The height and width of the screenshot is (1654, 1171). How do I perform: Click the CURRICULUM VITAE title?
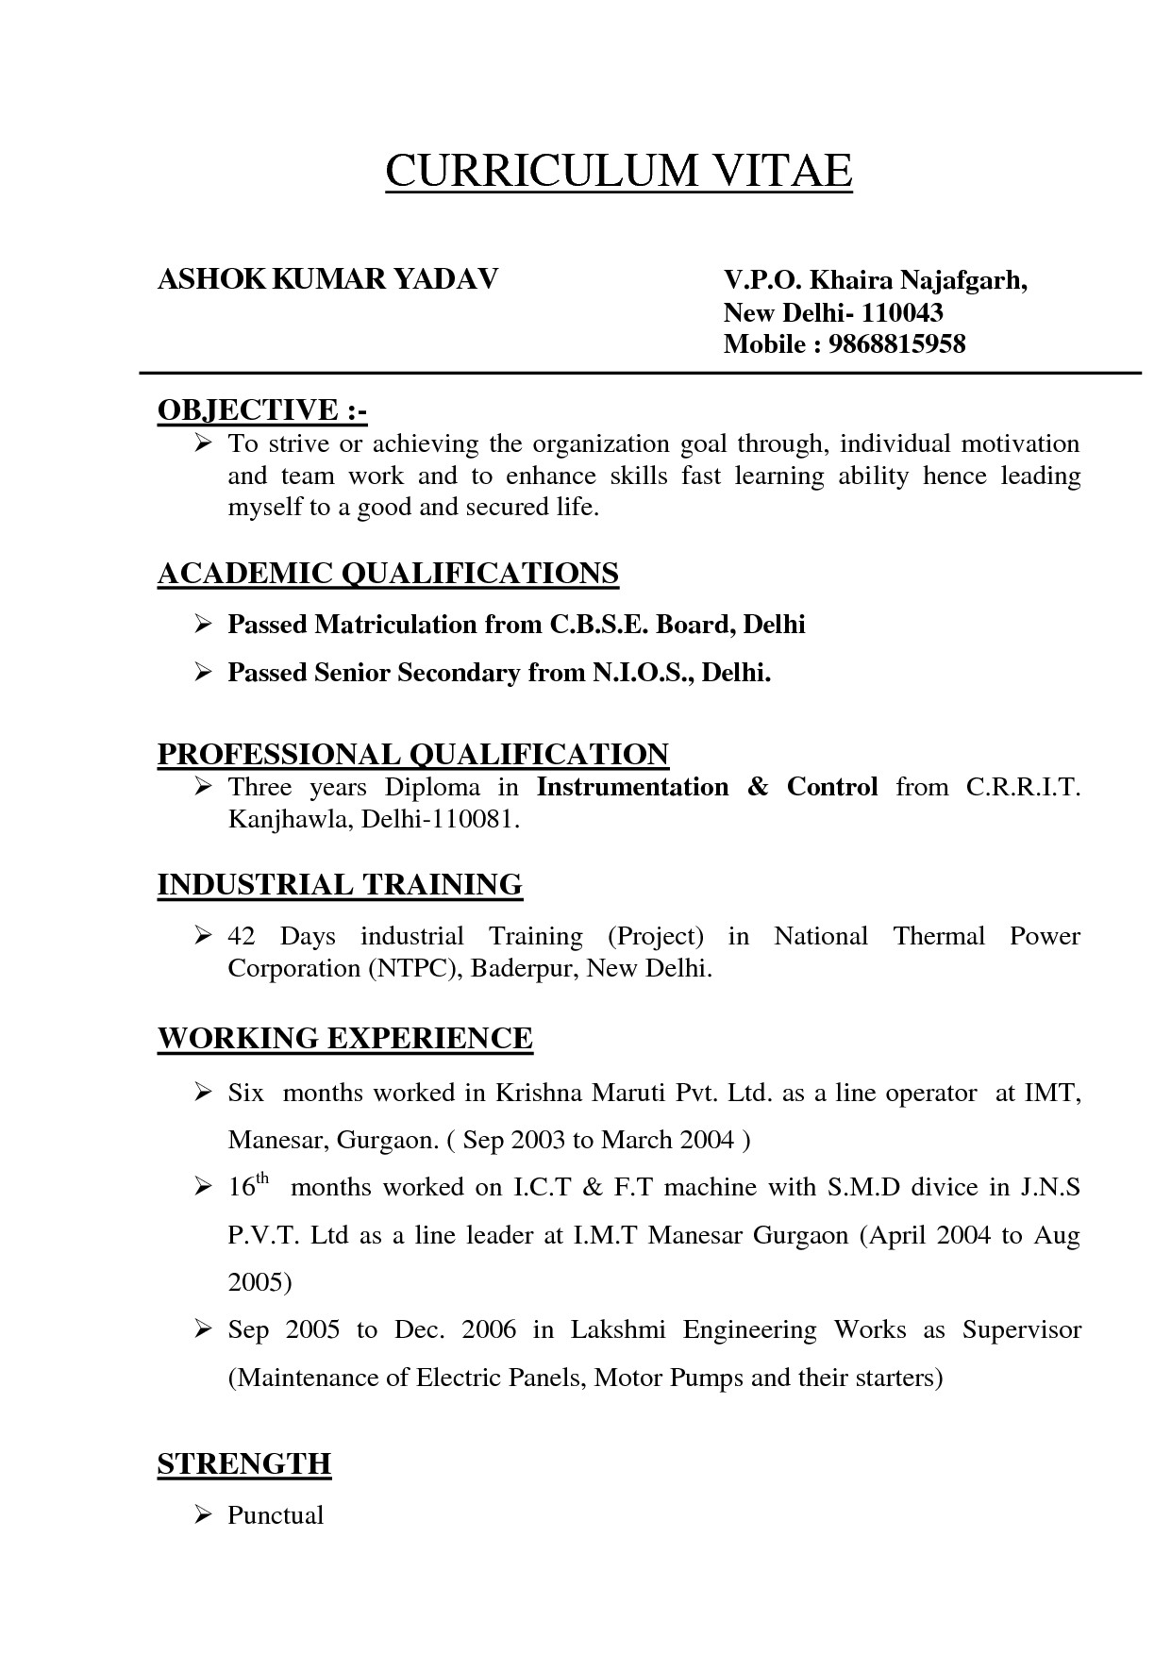coord(618,172)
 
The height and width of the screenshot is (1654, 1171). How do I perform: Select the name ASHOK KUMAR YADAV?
coord(327,280)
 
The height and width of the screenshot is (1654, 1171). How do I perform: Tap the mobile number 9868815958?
coord(897,344)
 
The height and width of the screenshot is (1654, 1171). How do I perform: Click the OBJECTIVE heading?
coord(261,410)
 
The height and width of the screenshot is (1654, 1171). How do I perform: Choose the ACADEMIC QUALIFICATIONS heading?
coord(388,574)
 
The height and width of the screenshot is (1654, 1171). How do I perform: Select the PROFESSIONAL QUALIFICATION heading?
coord(412,754)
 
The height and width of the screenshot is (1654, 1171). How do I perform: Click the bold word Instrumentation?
coord(632,787)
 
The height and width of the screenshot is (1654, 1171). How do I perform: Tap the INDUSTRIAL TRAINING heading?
coord(340,885)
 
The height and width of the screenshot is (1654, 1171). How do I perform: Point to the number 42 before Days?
coord(243,937)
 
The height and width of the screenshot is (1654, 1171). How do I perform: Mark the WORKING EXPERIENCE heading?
coord(344,1039)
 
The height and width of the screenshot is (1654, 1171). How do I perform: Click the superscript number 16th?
coord(248,1185)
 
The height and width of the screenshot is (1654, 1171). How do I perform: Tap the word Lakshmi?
coord(618,1330)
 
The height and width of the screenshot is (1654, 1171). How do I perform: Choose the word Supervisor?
coord(1021,1330)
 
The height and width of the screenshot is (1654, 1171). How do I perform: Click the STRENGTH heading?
coord(243,1464)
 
